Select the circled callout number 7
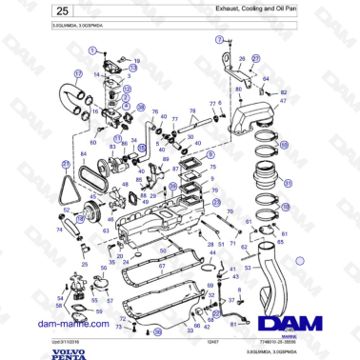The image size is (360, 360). pos(217,41)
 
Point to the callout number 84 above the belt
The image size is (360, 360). pos(81,155)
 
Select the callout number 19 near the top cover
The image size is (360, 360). pos(136,60)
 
